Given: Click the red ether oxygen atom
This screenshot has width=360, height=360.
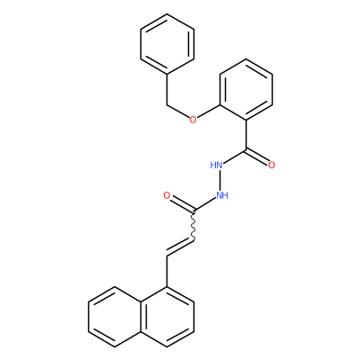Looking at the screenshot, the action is point(193,120).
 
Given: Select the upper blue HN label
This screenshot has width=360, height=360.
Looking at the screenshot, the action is point(216,165).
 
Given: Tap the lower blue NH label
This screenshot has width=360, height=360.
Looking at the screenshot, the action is point(222,195).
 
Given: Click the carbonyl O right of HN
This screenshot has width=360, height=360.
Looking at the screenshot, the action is point(272,165).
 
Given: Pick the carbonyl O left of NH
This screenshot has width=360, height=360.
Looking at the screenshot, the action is point(166,195).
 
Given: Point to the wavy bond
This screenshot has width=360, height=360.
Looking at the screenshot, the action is point(193,226).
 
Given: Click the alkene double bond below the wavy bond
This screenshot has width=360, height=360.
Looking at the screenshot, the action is point(181,247).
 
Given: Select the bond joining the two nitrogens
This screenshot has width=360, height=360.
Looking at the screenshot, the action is point(220,180).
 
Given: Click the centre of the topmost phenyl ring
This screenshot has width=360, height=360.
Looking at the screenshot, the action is point(167,44).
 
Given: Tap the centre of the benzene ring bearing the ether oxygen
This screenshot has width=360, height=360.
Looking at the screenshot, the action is point(247,89).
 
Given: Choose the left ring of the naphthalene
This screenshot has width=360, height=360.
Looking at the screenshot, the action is point(114,317).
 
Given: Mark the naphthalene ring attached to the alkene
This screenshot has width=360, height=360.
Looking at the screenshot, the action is point(167,317).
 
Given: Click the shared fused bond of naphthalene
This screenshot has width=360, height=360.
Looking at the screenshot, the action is point(141,317).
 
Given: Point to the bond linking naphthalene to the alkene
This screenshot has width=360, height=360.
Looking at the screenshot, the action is point(167,272).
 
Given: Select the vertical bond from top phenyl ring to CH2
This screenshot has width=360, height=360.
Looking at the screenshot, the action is point(167,89).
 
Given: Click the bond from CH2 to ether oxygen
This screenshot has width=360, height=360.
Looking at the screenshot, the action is point(178,111).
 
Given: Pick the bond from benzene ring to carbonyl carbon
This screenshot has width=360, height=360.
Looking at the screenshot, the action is point(247,135).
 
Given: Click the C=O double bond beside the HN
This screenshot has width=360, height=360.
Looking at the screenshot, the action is point(256,157).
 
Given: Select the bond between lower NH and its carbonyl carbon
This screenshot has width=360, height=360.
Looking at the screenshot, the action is point(205,205).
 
